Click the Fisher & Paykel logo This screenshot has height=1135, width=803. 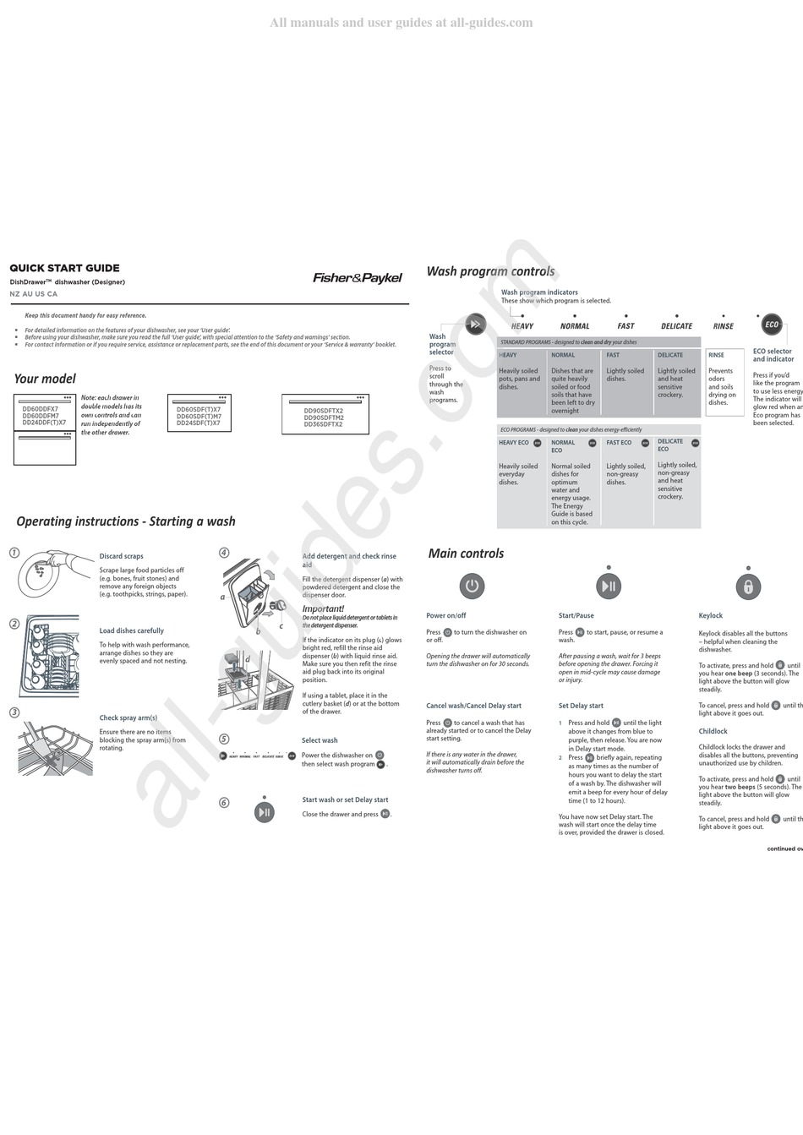tap(358, 278)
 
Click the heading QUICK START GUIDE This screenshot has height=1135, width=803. tap(64, 268)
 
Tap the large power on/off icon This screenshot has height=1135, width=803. tap(472, 586)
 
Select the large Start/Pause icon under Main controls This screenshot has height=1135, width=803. tap(609, 586)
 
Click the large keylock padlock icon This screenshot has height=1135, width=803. tap(747, 586)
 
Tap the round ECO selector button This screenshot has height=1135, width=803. tap(771, 325)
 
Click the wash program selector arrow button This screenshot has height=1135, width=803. tap(476, 324)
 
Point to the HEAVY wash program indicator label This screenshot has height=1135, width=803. tap(522, 326)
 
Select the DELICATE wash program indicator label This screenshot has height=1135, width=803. tap(676, 326)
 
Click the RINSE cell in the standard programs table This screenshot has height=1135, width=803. tap(716, 355)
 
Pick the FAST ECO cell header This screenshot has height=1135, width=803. tap(619, 443)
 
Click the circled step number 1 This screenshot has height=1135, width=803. tap(14, 553)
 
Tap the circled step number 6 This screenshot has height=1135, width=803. tap(224, 802)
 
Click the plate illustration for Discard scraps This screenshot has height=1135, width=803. tap(42, 573)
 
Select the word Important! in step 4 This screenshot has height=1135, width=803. tap(323, 608)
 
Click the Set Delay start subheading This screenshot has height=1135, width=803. tap(581, 706)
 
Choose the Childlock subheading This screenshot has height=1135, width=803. tap(713, 731)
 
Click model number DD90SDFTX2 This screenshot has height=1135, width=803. tap(324, 412)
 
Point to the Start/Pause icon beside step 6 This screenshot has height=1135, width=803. tap(265, 812)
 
